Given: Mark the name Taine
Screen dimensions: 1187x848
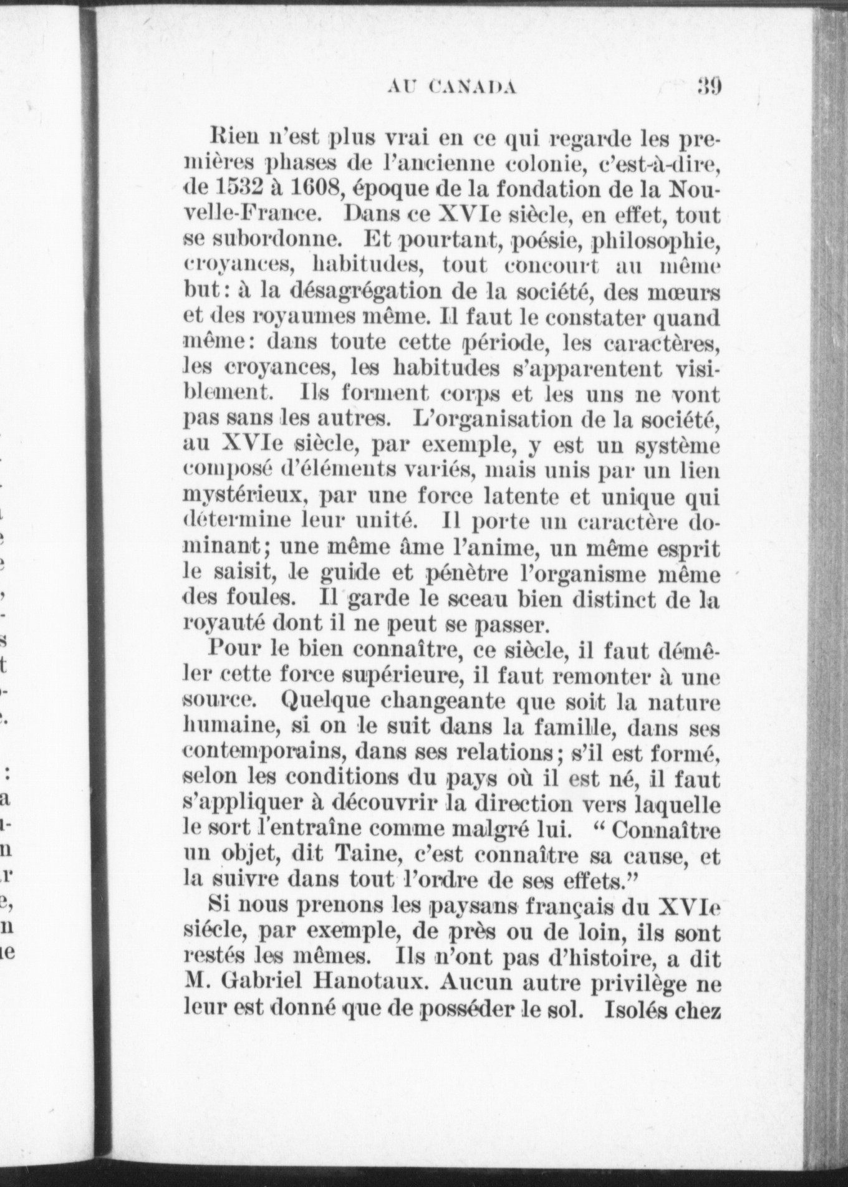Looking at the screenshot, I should [x=352, y=857].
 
